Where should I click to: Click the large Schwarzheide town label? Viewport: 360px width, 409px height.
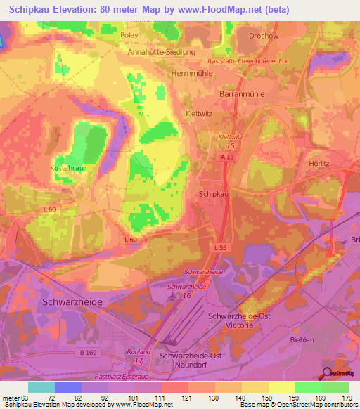(82, 301)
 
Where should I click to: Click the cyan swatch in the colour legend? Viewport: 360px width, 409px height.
(41, 387)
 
